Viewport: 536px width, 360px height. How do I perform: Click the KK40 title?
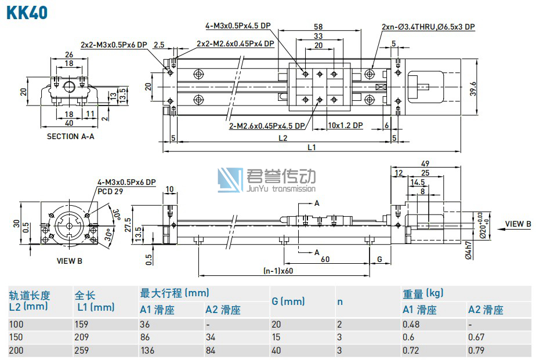pos(27,12)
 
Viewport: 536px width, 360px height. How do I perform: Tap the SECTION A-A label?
pos(71,136)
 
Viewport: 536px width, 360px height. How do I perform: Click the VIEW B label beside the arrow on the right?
pos(517,224)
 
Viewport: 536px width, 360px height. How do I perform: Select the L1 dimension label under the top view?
pos(311,147)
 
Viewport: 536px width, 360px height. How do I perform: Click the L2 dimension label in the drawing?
pos(283,138)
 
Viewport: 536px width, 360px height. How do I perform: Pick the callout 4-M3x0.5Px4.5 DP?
pos(238,26)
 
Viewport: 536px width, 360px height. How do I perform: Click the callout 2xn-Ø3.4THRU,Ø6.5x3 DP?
pos(428,27)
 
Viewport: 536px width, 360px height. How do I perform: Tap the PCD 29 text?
pos(110,191)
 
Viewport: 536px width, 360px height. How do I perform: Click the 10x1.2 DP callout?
pos(345,125)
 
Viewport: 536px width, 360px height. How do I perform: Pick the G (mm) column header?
pos(288,301)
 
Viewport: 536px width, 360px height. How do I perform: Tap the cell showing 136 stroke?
pos(147,351)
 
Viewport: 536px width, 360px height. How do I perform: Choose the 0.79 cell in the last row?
pos(476,351)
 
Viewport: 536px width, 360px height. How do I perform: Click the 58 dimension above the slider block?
pos(318,27)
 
